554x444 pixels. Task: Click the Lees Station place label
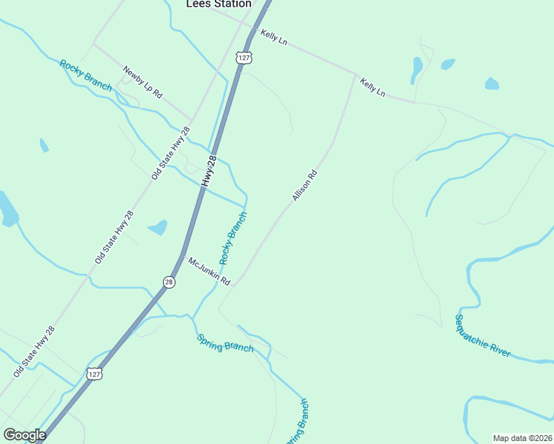pos(218,4)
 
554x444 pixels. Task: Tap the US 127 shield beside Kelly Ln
pos(244,57)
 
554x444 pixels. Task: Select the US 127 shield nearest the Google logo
pos(95,374)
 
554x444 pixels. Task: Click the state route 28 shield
pos(169,283)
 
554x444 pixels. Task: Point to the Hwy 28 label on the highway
pos(209,171)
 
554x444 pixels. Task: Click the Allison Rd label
pos(304,186)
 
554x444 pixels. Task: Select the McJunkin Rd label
pos(209,272)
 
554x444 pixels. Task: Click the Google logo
pos(24,434)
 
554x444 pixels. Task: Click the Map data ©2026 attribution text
pos(522,438)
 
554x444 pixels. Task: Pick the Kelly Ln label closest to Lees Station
pos(273,37)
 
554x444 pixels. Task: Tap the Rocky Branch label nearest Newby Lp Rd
pos(86,75)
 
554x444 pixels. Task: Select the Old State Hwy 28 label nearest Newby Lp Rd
pos(166,153)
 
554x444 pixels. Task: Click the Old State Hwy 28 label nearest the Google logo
pos(33,351)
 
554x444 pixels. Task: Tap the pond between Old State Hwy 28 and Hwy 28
pos(158,227)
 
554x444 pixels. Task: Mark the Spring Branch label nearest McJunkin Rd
pos(225,343)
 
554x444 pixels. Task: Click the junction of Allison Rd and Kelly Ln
pos(356,76)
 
